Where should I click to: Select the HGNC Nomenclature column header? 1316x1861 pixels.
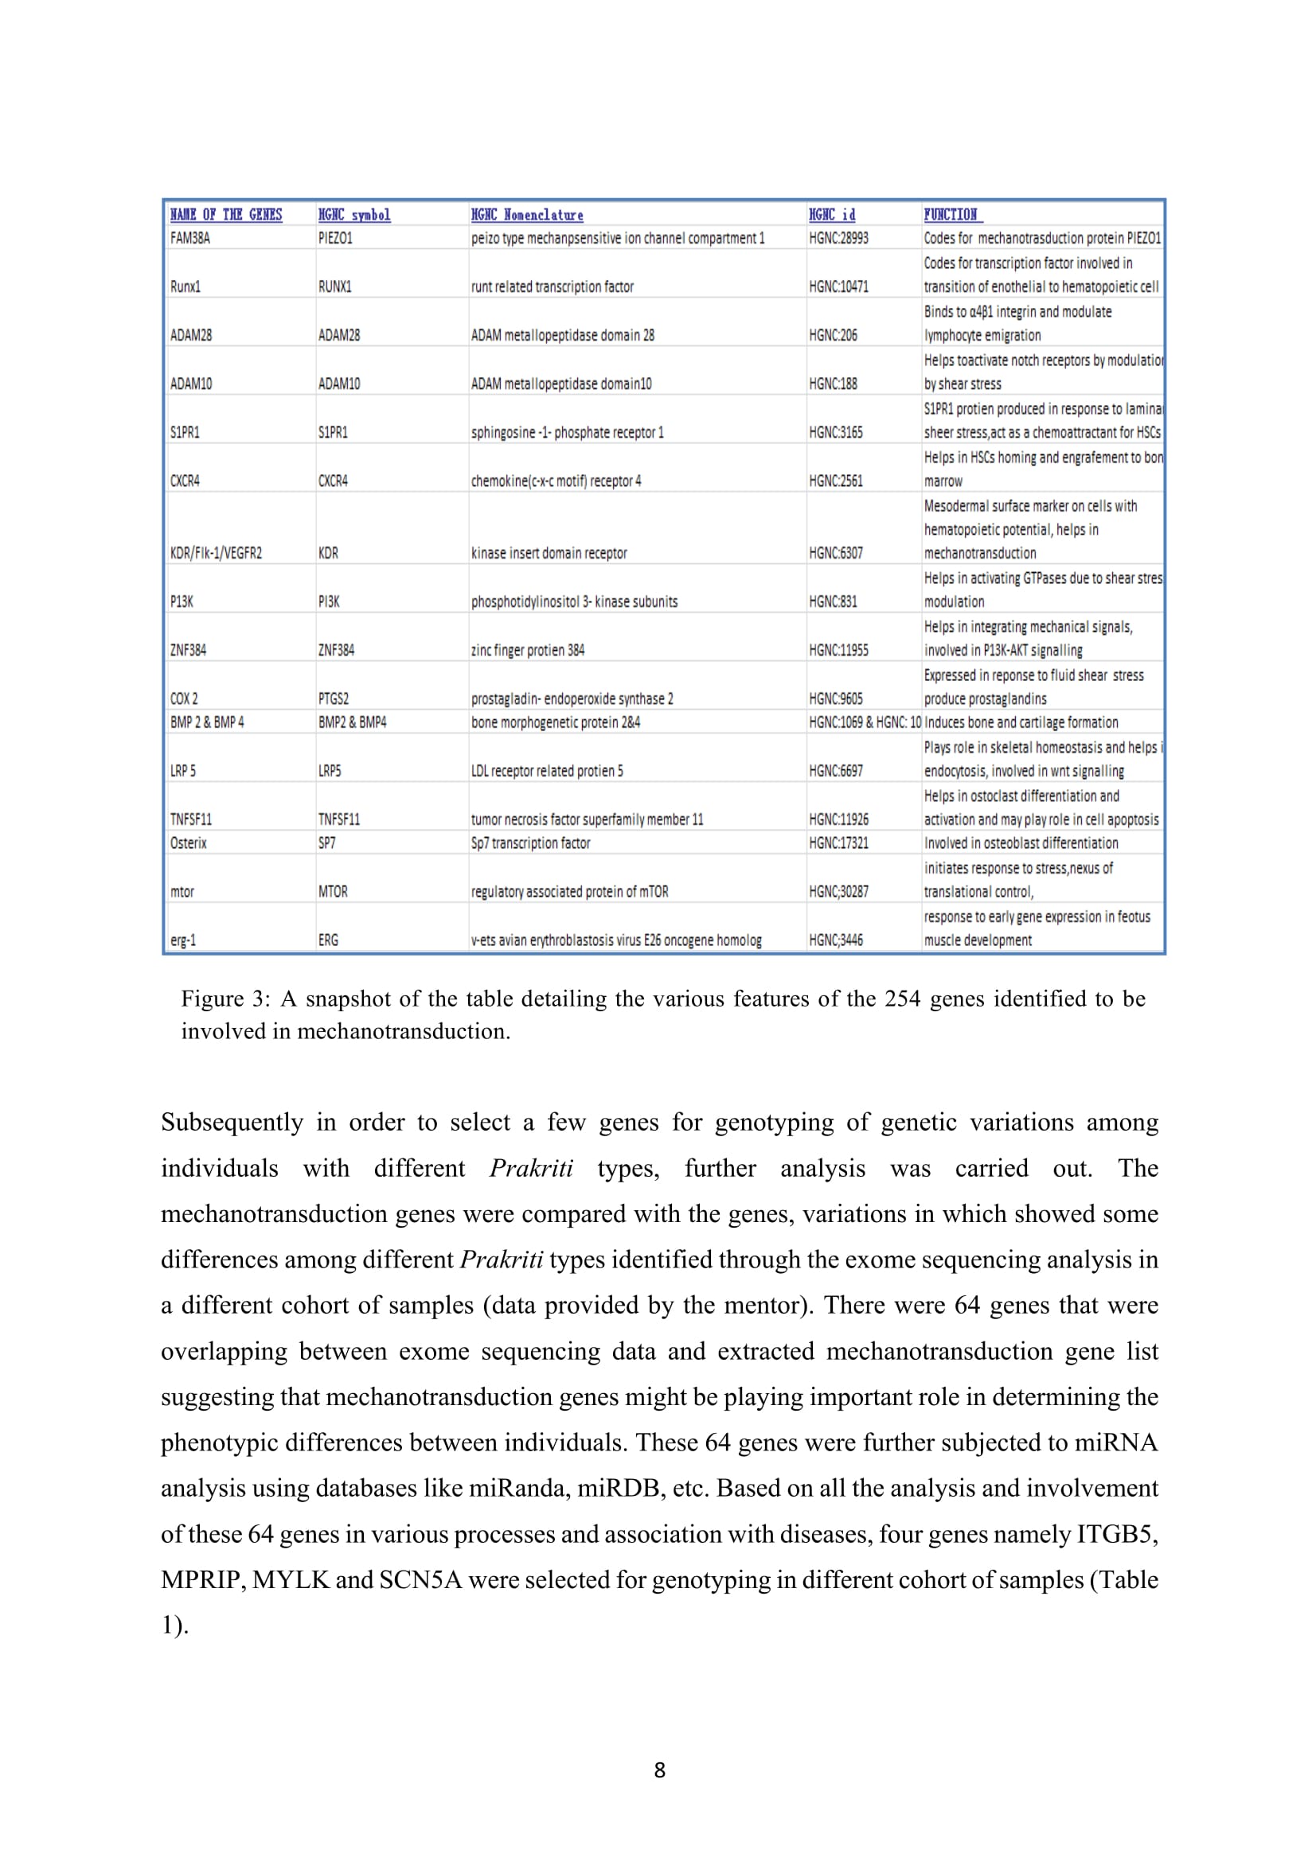527,215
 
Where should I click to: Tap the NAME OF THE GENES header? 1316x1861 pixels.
226,215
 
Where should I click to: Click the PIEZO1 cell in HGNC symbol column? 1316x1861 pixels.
335,239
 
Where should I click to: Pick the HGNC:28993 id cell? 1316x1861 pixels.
838,239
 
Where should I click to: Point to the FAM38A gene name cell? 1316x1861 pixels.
189,239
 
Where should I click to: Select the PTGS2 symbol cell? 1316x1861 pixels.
334,699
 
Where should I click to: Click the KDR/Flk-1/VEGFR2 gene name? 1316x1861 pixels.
216,554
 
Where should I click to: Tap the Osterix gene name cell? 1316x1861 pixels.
188,843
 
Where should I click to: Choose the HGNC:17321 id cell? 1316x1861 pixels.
838,843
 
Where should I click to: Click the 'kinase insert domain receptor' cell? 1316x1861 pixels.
549,554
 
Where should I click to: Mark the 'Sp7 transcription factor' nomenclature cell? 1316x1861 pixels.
530,843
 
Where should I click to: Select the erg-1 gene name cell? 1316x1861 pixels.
183,940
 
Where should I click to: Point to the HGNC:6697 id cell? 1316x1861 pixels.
836,771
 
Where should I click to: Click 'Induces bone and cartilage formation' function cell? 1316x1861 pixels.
1021,722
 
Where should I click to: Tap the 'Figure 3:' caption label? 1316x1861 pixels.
225,999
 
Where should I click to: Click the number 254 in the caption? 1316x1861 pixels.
902,999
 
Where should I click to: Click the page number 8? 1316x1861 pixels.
659,1770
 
